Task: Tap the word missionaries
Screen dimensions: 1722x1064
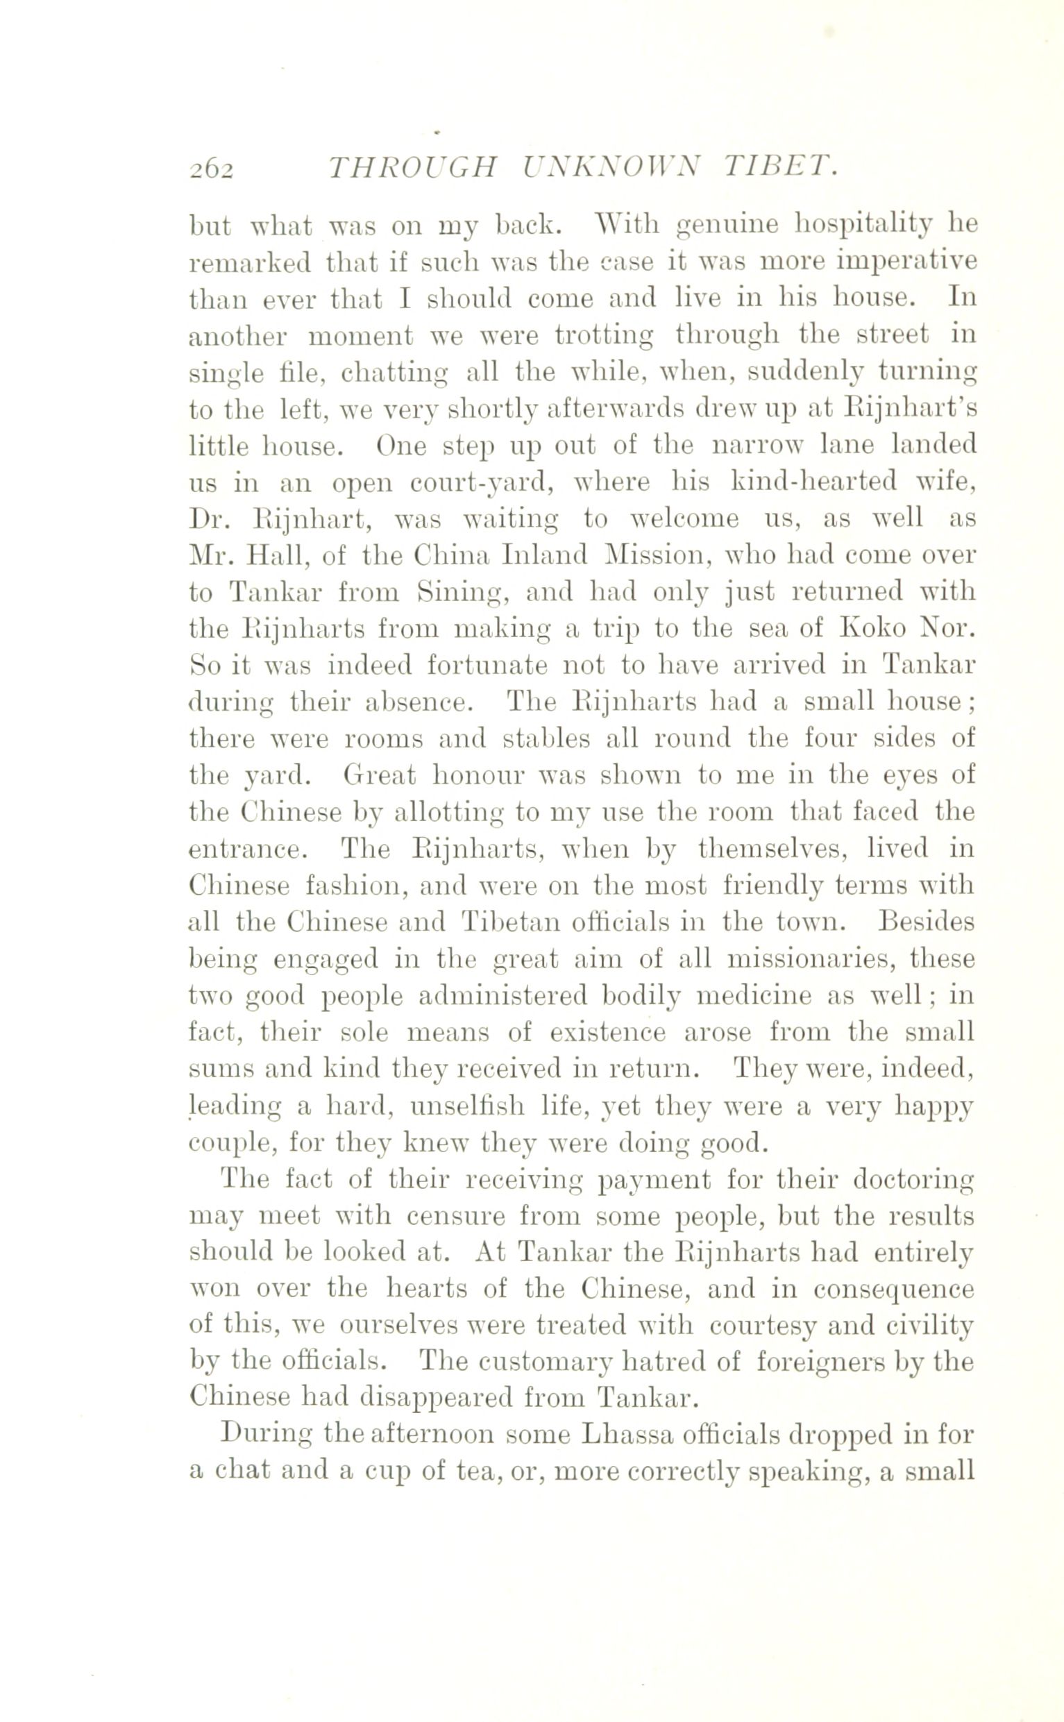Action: [809, 959]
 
